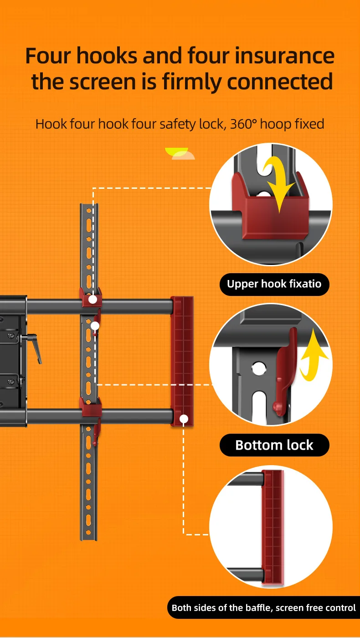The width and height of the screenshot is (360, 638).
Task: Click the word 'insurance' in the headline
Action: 285,56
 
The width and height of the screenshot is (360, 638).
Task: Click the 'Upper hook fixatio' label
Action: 274,284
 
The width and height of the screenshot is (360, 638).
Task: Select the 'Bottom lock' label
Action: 274,445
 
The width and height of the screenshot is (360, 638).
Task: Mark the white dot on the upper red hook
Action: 93,300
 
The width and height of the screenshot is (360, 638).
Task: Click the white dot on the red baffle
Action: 184,418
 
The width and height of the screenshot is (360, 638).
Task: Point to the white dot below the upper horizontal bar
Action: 95,326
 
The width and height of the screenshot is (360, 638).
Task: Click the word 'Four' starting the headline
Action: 48,56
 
